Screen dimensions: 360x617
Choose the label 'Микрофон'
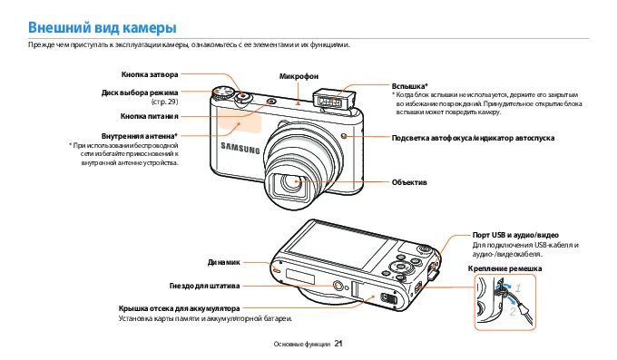tap(299, 75)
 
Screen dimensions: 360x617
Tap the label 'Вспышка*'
tap(409, 84)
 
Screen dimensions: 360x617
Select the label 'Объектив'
tap(408, 182)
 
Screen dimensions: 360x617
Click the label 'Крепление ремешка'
tap(504, 269)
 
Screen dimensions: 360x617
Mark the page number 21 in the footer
tap(338, 344)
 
